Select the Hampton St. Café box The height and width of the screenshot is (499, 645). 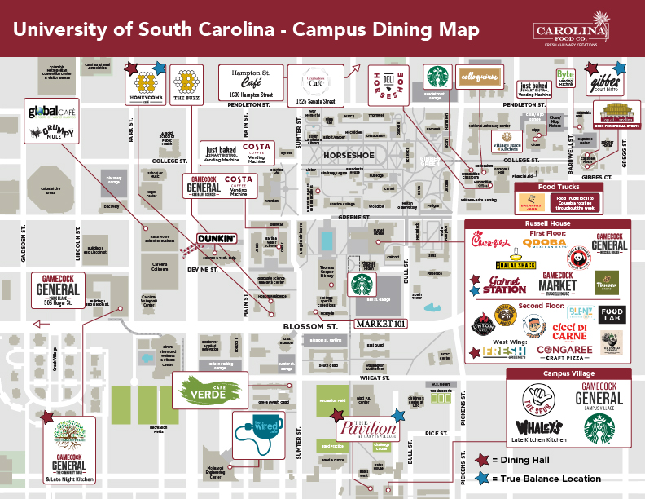click(x=251, y=82)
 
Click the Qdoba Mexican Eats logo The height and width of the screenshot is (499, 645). click(x=544, y=244)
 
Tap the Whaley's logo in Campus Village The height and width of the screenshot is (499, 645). click(x=541, y=428)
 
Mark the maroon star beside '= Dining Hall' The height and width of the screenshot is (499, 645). click(x=485, y=459)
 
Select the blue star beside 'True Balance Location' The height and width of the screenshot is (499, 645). click(x=485, y=478)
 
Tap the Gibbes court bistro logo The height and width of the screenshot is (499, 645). click(x=606, y=85)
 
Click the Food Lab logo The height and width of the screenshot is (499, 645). click(x=611, y=315)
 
